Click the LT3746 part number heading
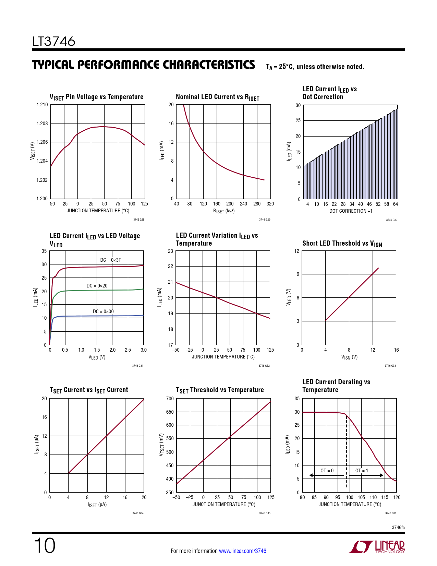[x=54, y=42]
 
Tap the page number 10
[x=44, y=546]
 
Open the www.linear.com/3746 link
[x=242, y=551]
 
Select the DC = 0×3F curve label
[x=110, y=260]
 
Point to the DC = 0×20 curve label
[x=97, y=286]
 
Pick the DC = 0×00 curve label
[x=103, y=311]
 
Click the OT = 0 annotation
[x=327, y=471]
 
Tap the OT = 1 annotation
[x=362, y=471]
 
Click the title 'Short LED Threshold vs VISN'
[x=342, y=244]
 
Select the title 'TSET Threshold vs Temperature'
[x=220, y=390]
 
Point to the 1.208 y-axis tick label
[x=42, y=123]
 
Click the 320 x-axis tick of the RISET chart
[x=270, y=204]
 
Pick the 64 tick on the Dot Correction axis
[x=396, y=204]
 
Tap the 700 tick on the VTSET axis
[x=170, y=399]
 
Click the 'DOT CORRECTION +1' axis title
[x=351, y=211]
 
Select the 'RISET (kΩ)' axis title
[x=224, y=211]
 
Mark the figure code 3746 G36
[x=391, y=513]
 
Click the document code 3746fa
[x=398, y=527]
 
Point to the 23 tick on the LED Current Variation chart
[x=170, y=251]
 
